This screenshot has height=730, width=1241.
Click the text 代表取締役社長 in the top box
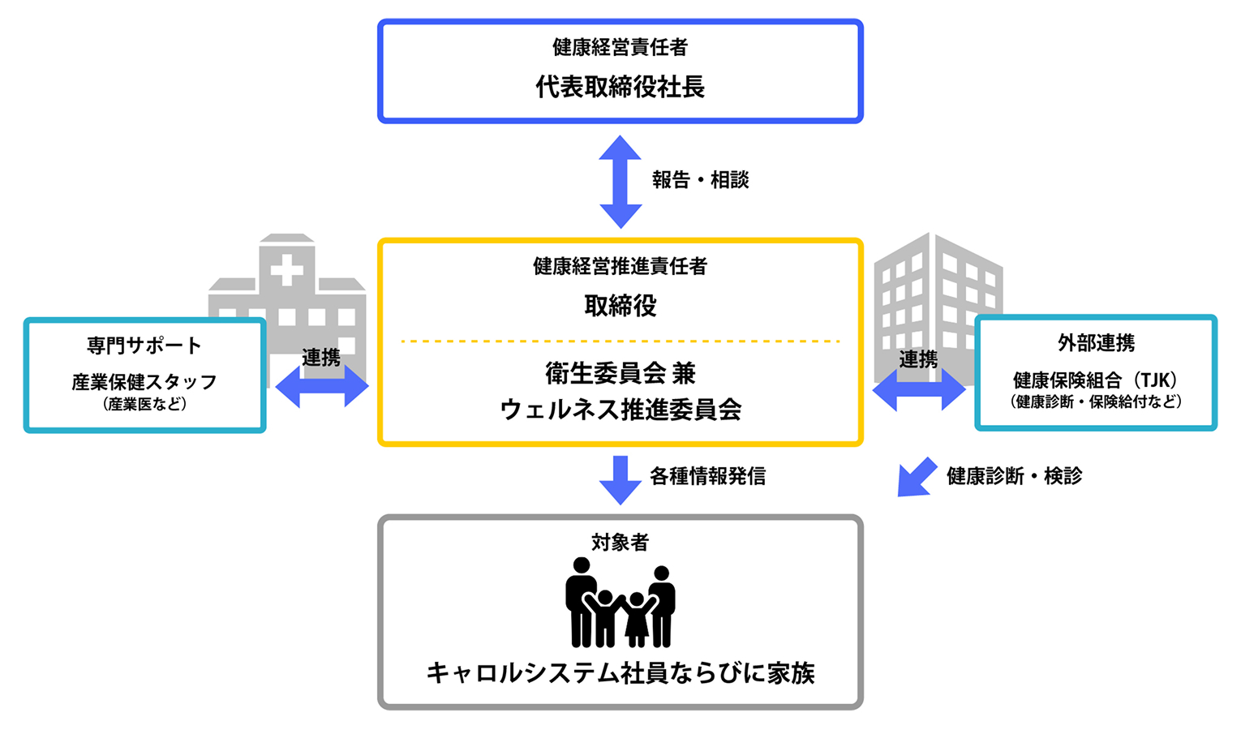click(620, 87)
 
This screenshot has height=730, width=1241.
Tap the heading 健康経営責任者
click(620, 47)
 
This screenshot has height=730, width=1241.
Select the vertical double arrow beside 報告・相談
click(620, 182)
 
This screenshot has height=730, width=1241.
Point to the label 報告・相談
click(700, 180)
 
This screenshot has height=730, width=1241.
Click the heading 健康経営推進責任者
click(620, 266)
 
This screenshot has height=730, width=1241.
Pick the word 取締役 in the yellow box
click(620, 306)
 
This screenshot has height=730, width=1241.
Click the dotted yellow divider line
click(620, 341)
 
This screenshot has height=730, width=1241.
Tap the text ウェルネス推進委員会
click(620, 410)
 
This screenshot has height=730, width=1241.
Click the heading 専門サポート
click(144, 346)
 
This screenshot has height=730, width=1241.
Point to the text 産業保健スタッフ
click(144, 382)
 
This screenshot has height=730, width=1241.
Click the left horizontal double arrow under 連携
click(322, 386)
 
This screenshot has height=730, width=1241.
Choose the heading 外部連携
click(1096, 343)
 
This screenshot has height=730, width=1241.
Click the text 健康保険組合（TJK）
click(1096, 380)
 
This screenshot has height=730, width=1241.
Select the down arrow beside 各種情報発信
click(620, 479)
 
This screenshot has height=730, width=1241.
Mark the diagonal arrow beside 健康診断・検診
click(916, 478)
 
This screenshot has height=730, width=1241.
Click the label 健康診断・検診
click(1014, 476)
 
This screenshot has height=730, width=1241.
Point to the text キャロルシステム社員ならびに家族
click(620, 673)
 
